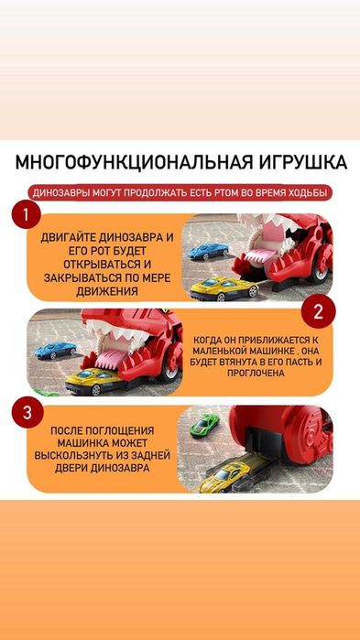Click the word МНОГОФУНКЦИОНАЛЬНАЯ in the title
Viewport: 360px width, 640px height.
(x=124, y=163)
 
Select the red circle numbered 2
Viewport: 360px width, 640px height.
(x=319, y=311)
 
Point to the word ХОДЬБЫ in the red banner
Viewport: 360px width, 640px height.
(x=304, y=193)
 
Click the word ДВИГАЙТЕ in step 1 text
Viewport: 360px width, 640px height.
(x=73, y=237)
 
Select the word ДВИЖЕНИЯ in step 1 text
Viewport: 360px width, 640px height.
(x=108, y=292)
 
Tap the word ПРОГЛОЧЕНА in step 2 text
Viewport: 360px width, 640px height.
(x=257, y=374)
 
